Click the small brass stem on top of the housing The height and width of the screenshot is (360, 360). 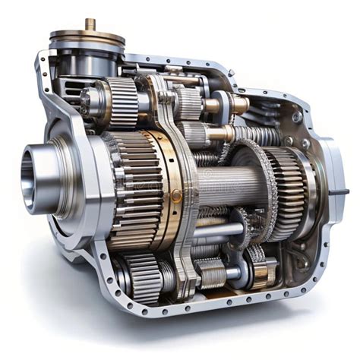[x=90, y=24]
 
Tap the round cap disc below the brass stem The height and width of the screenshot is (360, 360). [x=87, y=37]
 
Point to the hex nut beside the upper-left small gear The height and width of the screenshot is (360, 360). [x=85, y=99]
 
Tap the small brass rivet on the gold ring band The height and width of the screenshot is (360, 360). [x=176, y=195]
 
